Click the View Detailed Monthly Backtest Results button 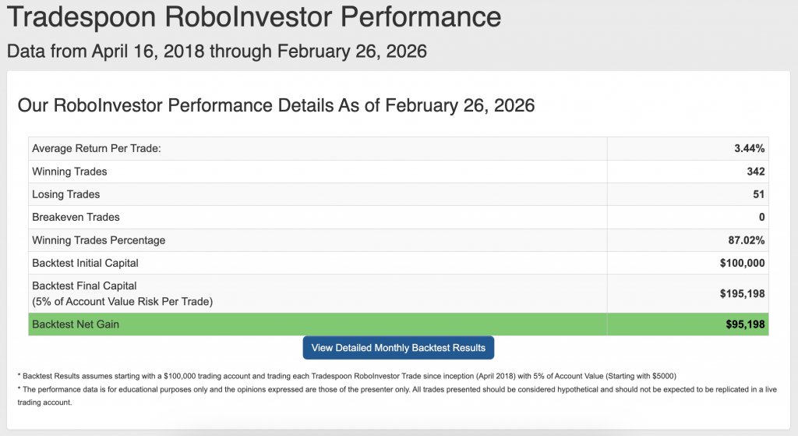pos(398,348)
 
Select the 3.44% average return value pos(749,148)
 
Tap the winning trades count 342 pos(756,171)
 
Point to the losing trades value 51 pos(759,194)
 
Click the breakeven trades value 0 pos(762,217)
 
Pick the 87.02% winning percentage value pos(746,240)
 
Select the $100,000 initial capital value pos(742,263)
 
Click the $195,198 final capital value pos(742,293)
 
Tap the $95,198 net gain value pos(745,324)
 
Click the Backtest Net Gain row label pos(76,324)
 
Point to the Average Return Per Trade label pos(96,148)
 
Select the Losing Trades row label pos(65,194)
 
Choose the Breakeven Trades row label pos(76,217)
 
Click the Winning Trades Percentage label pos(99,240)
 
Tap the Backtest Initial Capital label pos(85,263)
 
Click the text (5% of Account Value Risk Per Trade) pos(122,302)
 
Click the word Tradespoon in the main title pos(81,17)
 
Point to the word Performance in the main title pos(420,16)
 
